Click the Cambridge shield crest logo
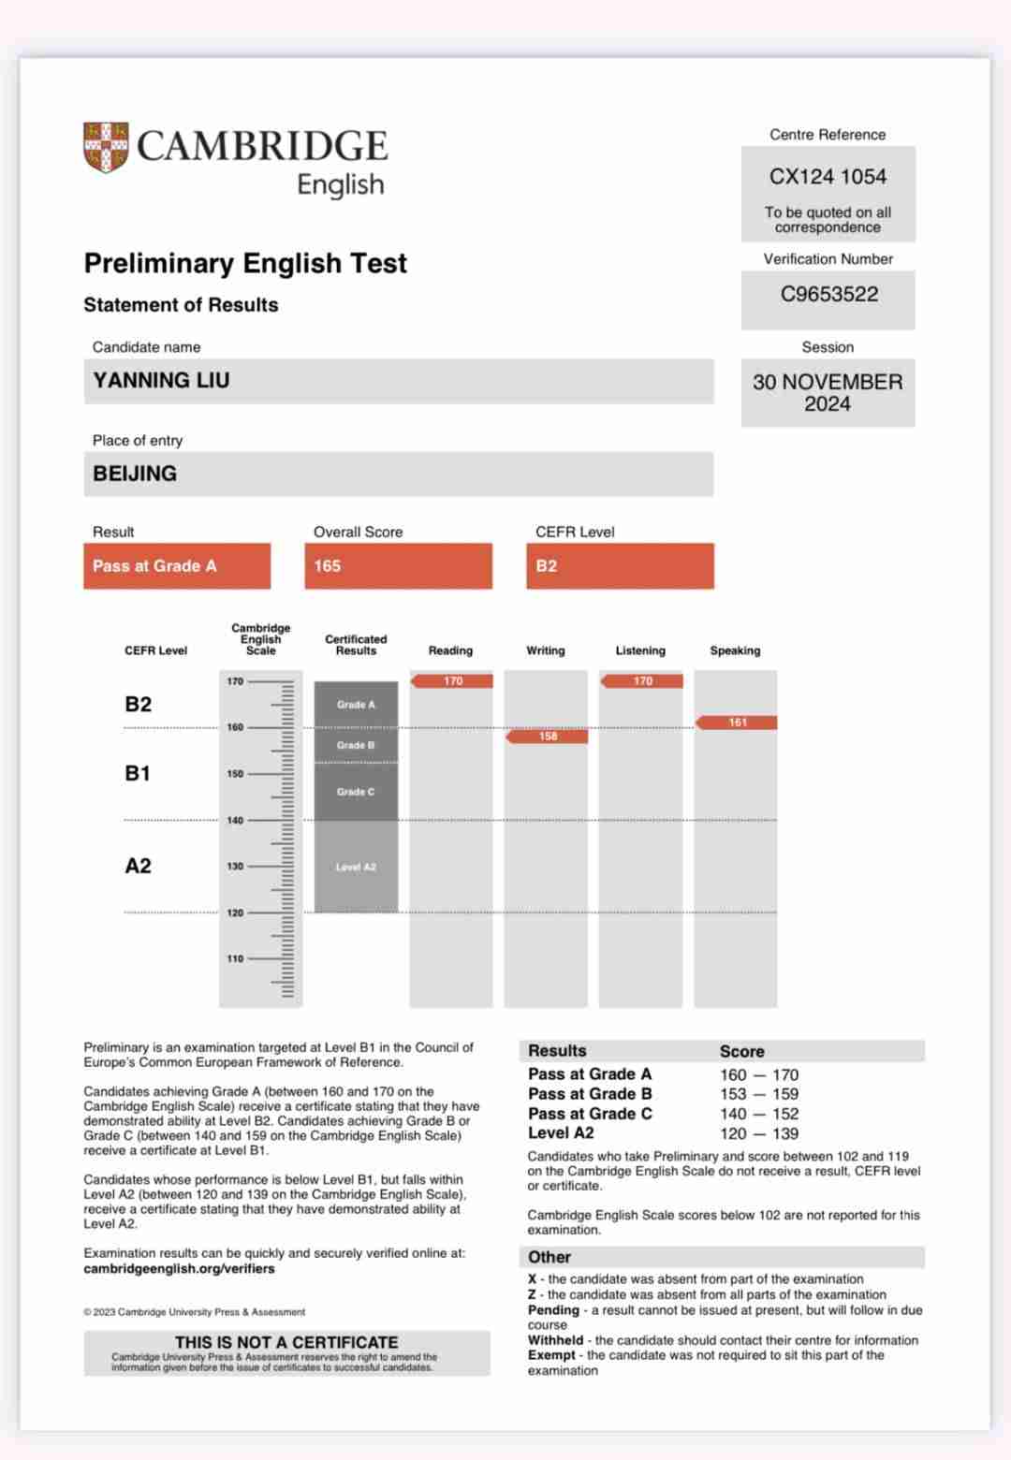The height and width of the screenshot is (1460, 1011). [106, 147]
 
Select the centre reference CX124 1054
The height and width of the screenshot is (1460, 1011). [828, 177]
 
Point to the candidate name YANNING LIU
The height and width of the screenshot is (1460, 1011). [161, 381]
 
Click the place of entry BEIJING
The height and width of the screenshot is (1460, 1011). [135, 474]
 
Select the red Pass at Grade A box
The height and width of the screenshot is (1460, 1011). [177, 566]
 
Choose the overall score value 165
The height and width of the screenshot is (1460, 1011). [328, 566]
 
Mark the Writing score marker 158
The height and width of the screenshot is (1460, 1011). [548, 737]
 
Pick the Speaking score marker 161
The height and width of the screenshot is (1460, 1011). [738, 723]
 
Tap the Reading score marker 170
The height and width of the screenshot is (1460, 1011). [453, 681]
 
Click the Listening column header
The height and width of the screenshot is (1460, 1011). [640, 650]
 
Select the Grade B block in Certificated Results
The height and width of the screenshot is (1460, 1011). [356, 745]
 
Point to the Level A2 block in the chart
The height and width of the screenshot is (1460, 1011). [356, 867]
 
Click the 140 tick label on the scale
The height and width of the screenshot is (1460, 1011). [235, 821]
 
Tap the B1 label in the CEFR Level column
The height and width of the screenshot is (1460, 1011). [138, 773]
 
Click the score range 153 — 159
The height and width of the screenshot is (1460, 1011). [759, 1094]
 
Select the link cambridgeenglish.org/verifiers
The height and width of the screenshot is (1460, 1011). [179, 1269]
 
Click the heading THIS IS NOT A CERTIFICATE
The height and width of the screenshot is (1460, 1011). [286, 1342]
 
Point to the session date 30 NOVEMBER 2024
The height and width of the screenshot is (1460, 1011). [828, 393]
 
